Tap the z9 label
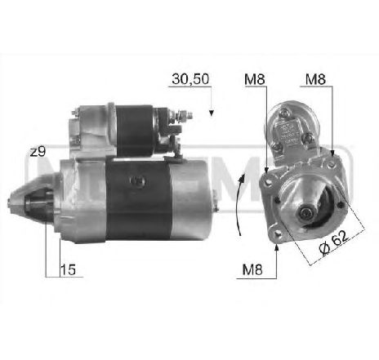[x=36, y=153]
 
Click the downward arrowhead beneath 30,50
[x=211, y=111]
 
